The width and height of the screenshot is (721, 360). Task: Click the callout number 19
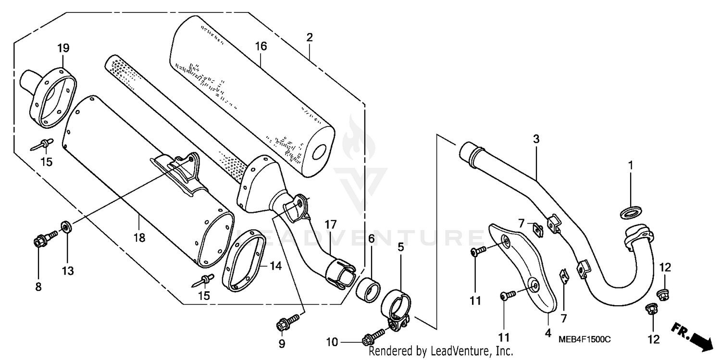pyautogui.click(x=63, y=48)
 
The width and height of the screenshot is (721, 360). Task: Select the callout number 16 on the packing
pyautogui.click(x=261, y=47)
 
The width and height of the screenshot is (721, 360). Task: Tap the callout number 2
pyautogui.click(x=310, y=37)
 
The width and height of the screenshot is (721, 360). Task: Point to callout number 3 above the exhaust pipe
pyautogui.click(x=536, y=139)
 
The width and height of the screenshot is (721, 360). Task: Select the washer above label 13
pyautogui.click(x=66, y=225)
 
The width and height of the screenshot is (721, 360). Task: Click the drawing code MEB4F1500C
pyautogui.click(x=584, y=339)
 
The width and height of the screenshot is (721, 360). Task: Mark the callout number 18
pyautogui.click(x=139, y=237)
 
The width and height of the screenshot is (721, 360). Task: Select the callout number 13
pyautogui.click(x=68, y=271)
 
